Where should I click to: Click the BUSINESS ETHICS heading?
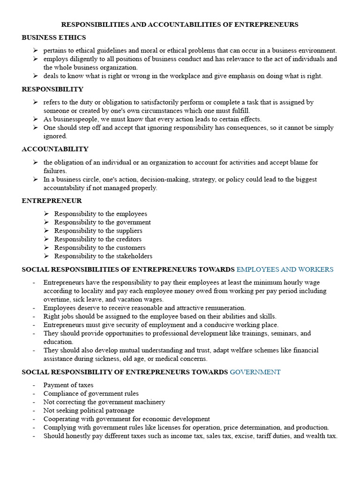tap(54, 37)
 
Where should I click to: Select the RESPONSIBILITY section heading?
tap(52, 89)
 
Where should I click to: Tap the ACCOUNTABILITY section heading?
tap(55, 149)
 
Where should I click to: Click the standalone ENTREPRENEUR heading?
tap(52, 201)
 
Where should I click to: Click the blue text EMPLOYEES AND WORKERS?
tap(285, 270)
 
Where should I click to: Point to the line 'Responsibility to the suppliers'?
tap(98, 231)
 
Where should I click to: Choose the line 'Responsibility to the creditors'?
tap(97, 239)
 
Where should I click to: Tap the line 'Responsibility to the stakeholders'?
tap(103, 256)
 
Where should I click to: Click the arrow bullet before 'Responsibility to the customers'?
tap(46, 247)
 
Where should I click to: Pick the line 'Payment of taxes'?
tap(68, 385)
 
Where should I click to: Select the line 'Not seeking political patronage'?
tap(89, 411)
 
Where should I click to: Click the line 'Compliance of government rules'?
tap(91, 394)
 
